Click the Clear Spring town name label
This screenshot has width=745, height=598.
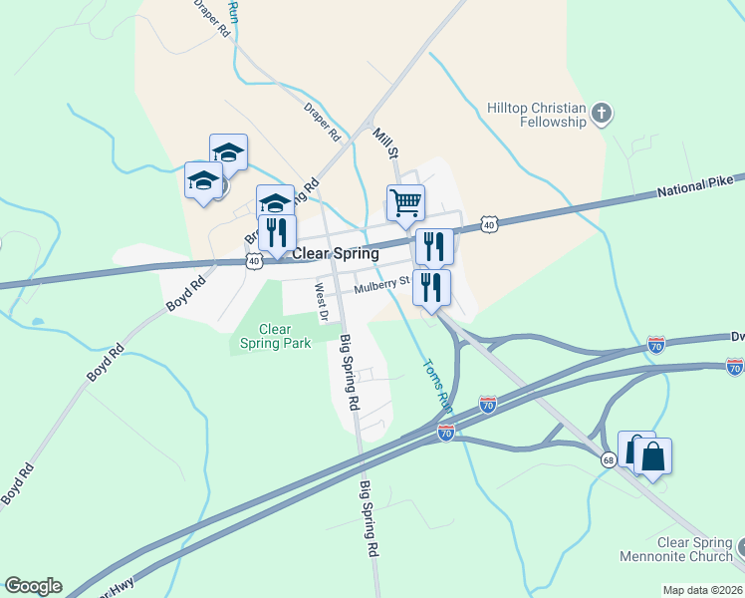[335, 254]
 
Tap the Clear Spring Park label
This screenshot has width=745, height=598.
[275, 336]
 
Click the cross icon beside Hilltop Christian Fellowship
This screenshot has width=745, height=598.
[601, 114]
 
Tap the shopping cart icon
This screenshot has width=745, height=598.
[405, 202]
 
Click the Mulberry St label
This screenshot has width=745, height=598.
[381, 286]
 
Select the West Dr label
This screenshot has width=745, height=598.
[321, 302]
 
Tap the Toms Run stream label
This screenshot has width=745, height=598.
[437, 386]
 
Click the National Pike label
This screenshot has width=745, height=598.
[694, 186]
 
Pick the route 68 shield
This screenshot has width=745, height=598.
[608, 459]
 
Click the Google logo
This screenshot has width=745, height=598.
[33, 586]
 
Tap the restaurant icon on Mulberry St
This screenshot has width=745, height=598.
[431, 287]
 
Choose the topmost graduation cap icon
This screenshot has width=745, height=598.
[228, 152]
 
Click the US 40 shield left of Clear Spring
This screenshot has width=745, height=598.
[254, 261]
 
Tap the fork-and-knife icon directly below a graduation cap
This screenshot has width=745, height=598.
[277, 232]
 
